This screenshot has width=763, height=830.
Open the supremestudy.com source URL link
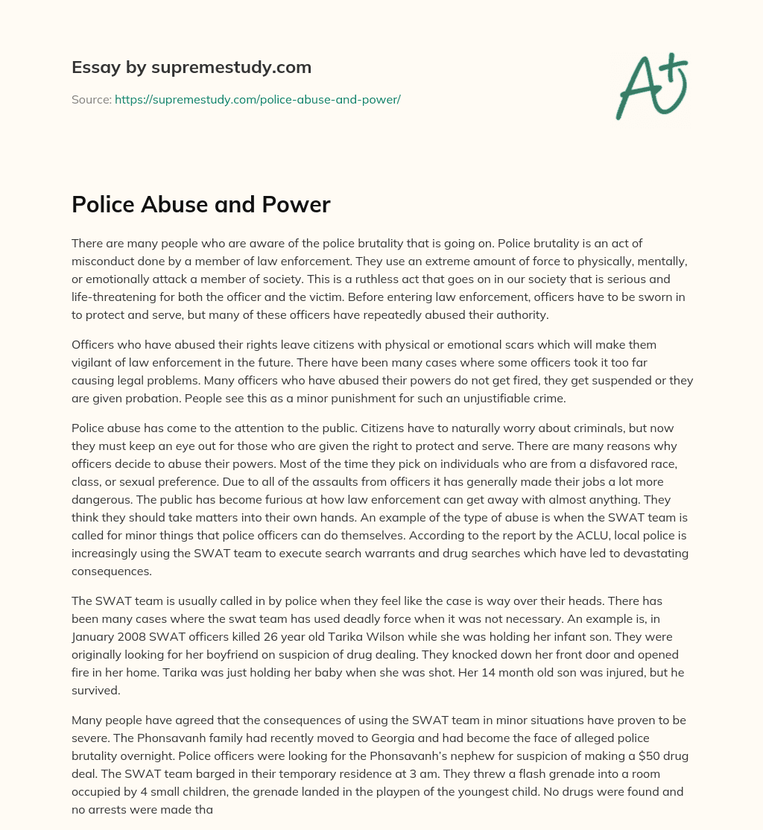coord(257,99)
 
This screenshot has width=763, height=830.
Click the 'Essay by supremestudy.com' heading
coord(191,68)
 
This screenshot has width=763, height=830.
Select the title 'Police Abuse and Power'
coord(200,205)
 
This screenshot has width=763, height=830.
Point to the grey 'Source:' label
coord(91,99)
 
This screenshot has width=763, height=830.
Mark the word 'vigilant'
coord(95,364)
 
